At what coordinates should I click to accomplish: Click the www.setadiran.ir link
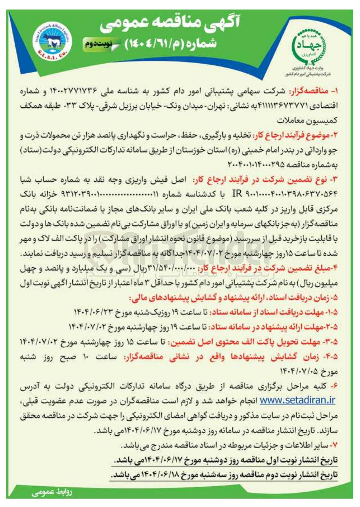pos(297,400)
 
